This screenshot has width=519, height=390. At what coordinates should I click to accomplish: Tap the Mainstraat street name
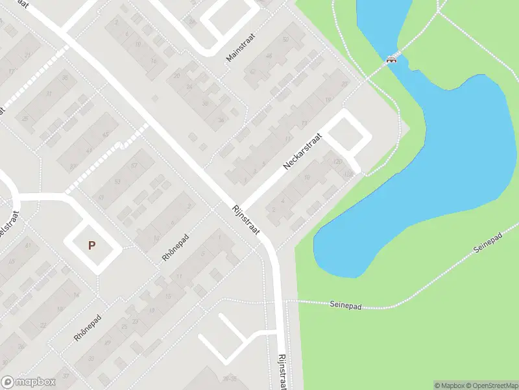(x=241, y=48)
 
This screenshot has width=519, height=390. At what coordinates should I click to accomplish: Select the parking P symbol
(x=91, y=246)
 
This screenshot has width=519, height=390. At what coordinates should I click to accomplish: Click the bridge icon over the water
(x=391, y=60)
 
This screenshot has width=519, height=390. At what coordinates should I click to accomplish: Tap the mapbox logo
(x=28, y=382)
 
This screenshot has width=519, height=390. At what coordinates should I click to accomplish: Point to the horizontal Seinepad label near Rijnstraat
(x=344, y=304)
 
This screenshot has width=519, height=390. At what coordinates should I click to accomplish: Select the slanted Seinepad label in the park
(x=489, y=246)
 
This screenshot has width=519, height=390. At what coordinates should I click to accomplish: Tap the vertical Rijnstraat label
(x=282, y=370)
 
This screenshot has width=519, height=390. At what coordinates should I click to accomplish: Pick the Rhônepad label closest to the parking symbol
(x=175, y=248)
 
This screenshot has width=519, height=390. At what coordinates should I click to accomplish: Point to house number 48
(x=269, y=56)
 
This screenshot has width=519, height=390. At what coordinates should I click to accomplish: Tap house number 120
(x=337, y=161)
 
